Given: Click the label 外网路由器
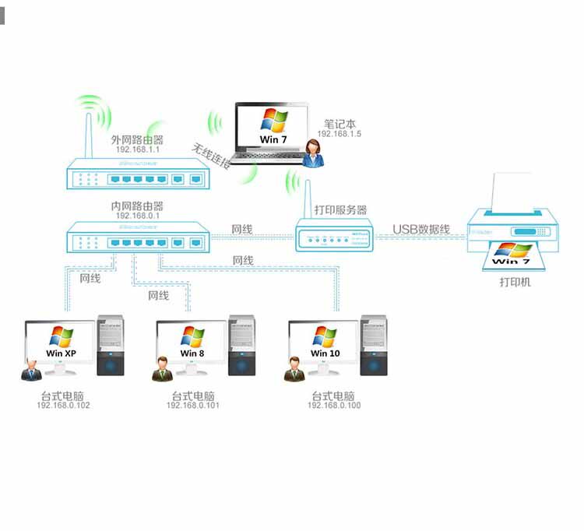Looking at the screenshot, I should tap(137, 139).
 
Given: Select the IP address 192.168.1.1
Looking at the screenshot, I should tap(137, 149).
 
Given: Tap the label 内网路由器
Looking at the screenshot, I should tap(137, 206).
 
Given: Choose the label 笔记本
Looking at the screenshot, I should tap(339, 123).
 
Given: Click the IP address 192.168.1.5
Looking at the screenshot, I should tap(339, 134).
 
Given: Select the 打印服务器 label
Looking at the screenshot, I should tap(340, 210).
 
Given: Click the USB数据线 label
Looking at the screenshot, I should tap(421, 229).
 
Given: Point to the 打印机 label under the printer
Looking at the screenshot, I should tap(515, 282).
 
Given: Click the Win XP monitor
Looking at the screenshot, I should tap(61, 343).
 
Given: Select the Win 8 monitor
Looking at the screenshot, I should tap(192, 343).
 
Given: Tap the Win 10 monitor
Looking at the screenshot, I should tap(324, 343).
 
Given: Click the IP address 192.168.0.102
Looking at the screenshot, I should tap(63, 406).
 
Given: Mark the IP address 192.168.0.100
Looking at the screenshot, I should tap(334, 406).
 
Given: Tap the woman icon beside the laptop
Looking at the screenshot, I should tap(314, 153).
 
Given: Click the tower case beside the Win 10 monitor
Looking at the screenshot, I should tap(374, 346).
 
